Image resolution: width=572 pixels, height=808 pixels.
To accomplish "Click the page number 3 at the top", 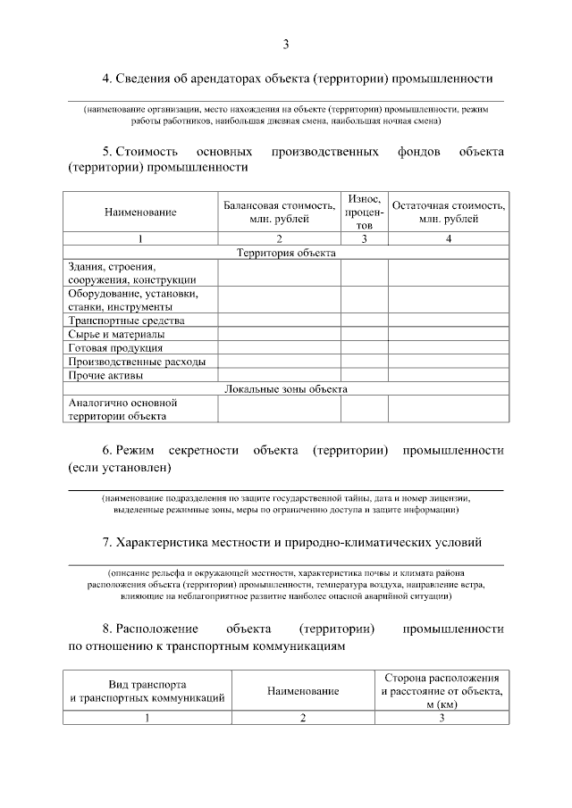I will [285, 45].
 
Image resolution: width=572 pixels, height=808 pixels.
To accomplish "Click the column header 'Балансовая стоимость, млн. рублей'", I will [280, 212].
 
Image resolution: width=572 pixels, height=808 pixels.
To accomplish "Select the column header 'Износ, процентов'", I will [364, 212].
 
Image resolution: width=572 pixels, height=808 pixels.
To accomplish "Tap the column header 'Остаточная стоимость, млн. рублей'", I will [449, 212].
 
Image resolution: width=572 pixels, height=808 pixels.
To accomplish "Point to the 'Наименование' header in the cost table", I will [140, 212].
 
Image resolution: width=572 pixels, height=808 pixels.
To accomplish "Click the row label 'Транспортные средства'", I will [126, 321].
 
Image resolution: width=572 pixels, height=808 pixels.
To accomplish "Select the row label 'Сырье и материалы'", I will [116, 334].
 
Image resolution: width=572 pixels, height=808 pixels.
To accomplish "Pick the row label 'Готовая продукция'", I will [115, 347].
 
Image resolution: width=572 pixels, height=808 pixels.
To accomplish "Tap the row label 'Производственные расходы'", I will [137, 362].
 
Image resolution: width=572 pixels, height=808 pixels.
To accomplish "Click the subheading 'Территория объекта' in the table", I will [285, 253].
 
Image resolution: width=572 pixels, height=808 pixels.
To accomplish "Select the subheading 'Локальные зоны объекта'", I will [285, 388].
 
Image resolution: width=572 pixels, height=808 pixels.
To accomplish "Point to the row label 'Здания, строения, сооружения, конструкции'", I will [131, 273].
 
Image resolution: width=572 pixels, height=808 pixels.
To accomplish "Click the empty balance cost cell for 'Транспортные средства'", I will [279, 321].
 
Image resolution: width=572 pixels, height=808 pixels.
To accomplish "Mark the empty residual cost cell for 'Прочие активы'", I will [448, 375].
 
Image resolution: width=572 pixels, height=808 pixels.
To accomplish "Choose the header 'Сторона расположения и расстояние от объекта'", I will [442, 691].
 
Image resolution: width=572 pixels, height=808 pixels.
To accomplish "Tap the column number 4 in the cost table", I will [448, 239].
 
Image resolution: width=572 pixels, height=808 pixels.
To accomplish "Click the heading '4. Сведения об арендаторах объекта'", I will [298, 79].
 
